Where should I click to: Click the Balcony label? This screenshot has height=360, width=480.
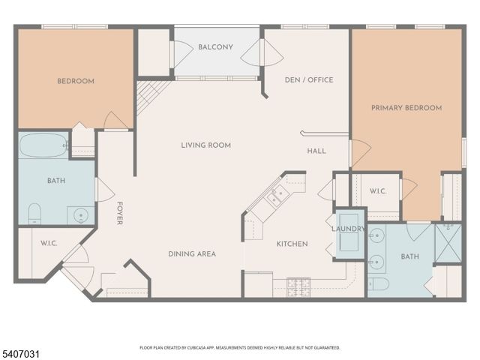click(215, 47)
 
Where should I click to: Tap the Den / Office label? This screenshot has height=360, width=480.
click(309, 79)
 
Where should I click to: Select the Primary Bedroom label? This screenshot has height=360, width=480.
click(406, 108)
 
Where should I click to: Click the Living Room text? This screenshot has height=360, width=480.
click(205, 145)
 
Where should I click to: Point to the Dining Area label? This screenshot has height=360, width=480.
click(191, 254)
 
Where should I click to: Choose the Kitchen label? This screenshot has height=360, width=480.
click(292, 244)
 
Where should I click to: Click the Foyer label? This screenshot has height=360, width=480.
click(118, 213)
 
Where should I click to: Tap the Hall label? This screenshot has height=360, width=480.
click(316, 151)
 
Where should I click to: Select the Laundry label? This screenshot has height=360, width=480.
click(346, 228)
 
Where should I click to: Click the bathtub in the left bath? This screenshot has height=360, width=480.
click(43, 145)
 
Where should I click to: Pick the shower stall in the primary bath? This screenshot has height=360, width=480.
click(448, 242)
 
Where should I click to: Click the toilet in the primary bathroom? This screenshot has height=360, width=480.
click(378, 284)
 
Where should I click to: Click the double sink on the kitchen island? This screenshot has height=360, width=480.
click(277, 196)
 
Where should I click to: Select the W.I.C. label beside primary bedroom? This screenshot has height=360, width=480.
click(377, 190)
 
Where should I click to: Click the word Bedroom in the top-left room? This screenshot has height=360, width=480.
click(76, 81)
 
